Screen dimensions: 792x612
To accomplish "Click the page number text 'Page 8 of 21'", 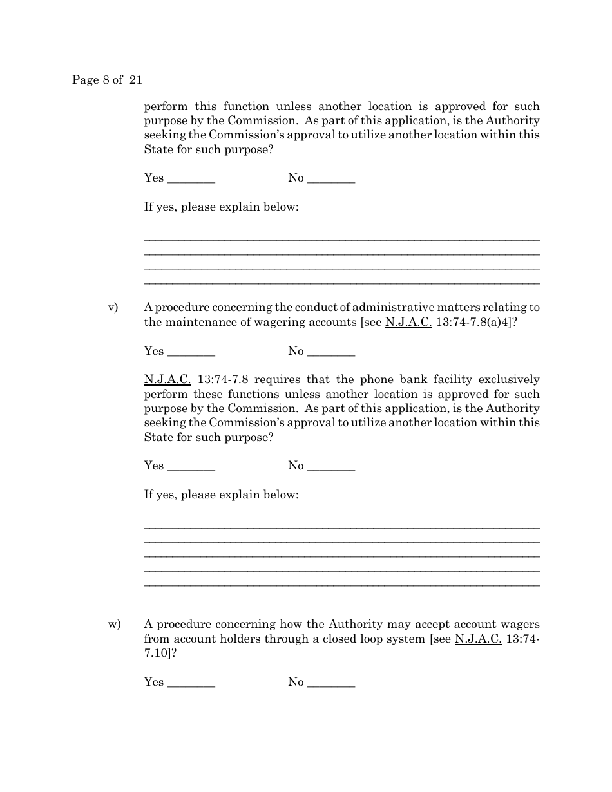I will tap(107, 80).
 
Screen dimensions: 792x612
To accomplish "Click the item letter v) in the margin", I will tap(113, 308).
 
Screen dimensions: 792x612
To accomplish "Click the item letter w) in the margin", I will tap(114, 624).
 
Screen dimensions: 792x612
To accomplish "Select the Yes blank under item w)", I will tap(191, 683).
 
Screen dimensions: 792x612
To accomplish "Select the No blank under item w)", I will tap(331, 683).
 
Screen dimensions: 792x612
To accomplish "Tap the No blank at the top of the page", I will tap(331, 178).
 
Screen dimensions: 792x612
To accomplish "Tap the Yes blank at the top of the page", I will tap(191, 178).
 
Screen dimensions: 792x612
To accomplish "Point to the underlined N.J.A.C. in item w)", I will tap(478, 639).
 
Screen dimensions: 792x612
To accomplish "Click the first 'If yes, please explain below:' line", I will tap(221, 208).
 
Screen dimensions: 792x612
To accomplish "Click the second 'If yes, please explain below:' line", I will tap(221, 495).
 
